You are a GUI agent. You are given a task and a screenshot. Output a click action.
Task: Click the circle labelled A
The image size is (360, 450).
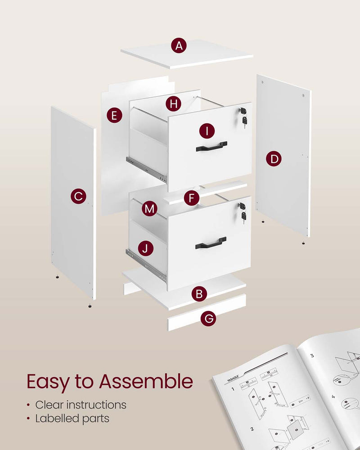[x=180, y=45]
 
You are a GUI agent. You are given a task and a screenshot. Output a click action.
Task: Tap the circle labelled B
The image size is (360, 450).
[x=199, y=295]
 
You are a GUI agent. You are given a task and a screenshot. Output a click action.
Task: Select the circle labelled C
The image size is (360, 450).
[x=78, y=196]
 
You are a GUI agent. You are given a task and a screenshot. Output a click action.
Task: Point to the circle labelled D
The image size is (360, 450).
[x=273, y=158]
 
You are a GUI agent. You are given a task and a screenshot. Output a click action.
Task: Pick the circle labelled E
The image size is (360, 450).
[x=114, y=116]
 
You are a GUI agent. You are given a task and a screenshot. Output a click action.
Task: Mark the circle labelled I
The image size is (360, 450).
[x=207, y=131]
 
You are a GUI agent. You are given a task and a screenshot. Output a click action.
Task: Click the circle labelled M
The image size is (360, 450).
[x=150, y=209]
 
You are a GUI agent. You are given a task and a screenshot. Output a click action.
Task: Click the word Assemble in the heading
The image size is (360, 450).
[x=146, y=382]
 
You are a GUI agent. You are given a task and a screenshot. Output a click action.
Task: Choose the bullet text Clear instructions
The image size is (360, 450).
[x=81, y=404]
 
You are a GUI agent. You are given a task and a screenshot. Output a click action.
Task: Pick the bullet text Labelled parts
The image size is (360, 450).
[x=72, y=418]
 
